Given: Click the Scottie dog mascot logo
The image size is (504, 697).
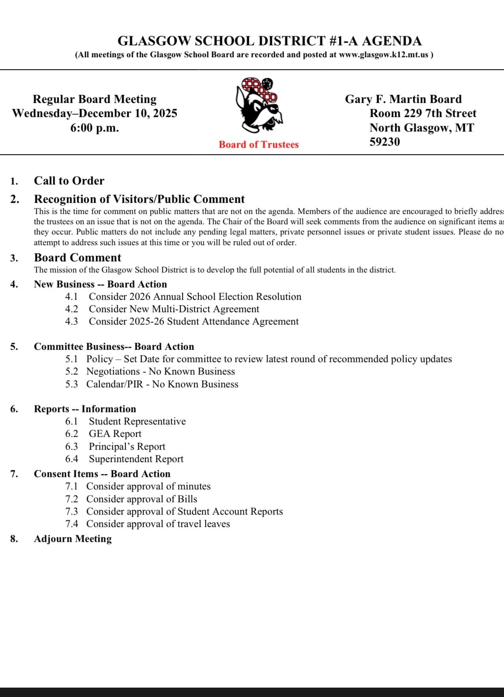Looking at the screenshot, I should [259, 104].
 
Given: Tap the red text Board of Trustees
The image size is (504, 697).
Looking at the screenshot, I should [259, 144].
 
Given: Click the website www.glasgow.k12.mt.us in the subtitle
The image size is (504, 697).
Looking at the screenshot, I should [383, 55].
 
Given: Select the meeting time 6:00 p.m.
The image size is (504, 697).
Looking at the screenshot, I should [94, 128].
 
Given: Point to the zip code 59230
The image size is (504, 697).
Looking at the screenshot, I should [385, 142].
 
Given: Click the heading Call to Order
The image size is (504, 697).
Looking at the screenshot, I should [69, 181].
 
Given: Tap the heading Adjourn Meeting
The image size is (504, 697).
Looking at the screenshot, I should [73, 539].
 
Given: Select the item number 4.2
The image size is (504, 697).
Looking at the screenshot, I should [71, 309].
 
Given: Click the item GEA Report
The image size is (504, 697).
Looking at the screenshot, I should [115, 434].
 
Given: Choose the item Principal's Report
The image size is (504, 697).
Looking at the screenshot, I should [127, 446].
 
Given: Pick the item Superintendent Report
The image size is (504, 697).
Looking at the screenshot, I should [136, 459].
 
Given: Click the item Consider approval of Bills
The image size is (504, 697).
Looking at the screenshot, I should [142, 499].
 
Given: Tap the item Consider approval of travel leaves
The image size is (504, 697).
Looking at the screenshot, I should [158, 524].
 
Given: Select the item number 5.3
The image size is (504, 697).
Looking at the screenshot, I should [71, 384].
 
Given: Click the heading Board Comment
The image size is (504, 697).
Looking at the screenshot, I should [77, 258].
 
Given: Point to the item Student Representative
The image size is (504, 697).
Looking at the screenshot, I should [137, 422].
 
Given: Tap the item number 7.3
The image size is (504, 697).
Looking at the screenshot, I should [71, 512].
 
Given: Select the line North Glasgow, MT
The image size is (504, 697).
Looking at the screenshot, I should [421, 128].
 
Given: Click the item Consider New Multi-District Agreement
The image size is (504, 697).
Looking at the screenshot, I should [174, 309].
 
